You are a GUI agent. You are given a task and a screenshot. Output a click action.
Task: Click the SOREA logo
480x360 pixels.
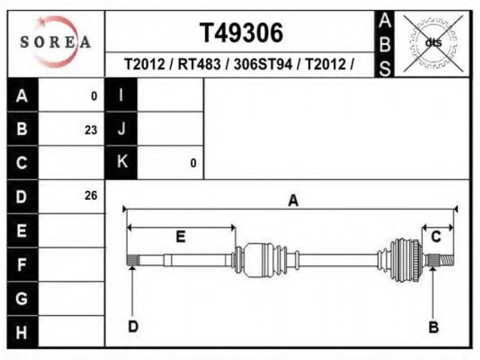click(x=55, y=42)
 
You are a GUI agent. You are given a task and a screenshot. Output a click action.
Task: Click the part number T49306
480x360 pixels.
click(x=241, y=33)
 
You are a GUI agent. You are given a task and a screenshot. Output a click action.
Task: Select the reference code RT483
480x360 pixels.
click(x=199, y=64)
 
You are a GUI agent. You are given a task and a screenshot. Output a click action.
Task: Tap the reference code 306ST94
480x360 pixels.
click(x=263, y=64)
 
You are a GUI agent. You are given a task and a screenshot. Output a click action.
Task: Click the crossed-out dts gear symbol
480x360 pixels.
click(x=433, y=43)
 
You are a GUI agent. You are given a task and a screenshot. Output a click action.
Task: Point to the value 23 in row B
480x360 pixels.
click(x=91, y=130)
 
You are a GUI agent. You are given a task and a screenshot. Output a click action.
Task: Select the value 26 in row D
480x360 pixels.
click(x=91, y=196)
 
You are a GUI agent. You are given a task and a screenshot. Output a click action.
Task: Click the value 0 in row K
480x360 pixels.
click(x=193, y=163)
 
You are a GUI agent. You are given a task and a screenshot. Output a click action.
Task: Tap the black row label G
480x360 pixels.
click(x=22, y=298)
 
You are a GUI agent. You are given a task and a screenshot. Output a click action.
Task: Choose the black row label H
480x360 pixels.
click(x=22, y=332)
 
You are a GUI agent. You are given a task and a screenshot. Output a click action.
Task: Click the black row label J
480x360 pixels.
click(x=121, y=129)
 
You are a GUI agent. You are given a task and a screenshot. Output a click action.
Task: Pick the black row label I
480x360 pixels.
click(x=121, y=95)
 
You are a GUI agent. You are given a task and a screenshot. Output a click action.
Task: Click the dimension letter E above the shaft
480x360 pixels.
click(x=181, y=236)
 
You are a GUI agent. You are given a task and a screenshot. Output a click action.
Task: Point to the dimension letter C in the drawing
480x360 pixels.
click(x=436, y=236)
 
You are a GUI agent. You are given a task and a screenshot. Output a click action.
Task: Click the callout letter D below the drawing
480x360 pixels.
click(x=133, y=326)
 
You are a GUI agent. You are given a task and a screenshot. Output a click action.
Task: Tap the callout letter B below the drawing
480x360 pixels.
click(x=433, y=327)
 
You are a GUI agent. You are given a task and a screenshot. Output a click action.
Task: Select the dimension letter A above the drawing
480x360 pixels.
click(x=293, y=201)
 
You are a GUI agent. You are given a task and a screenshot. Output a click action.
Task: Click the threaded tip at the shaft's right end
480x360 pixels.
click(x=447, y=260)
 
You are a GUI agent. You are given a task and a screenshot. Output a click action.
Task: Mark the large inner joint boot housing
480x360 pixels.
click(x=254, y=260)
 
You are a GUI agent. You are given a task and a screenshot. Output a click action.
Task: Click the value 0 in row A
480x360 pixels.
click(x=94, y=97)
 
